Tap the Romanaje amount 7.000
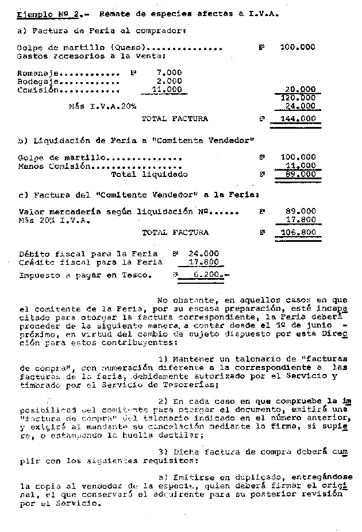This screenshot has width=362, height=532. tap(169, 73)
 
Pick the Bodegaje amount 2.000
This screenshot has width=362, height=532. tap(169, 82)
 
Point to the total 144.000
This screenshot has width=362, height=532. tap(298, 119)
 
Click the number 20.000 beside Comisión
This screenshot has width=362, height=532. tap(301, 90)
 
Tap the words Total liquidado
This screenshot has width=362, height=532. tap(149, 174)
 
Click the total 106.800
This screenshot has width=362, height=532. tap(298, 233)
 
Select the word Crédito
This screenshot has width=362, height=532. tap(36, 262)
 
